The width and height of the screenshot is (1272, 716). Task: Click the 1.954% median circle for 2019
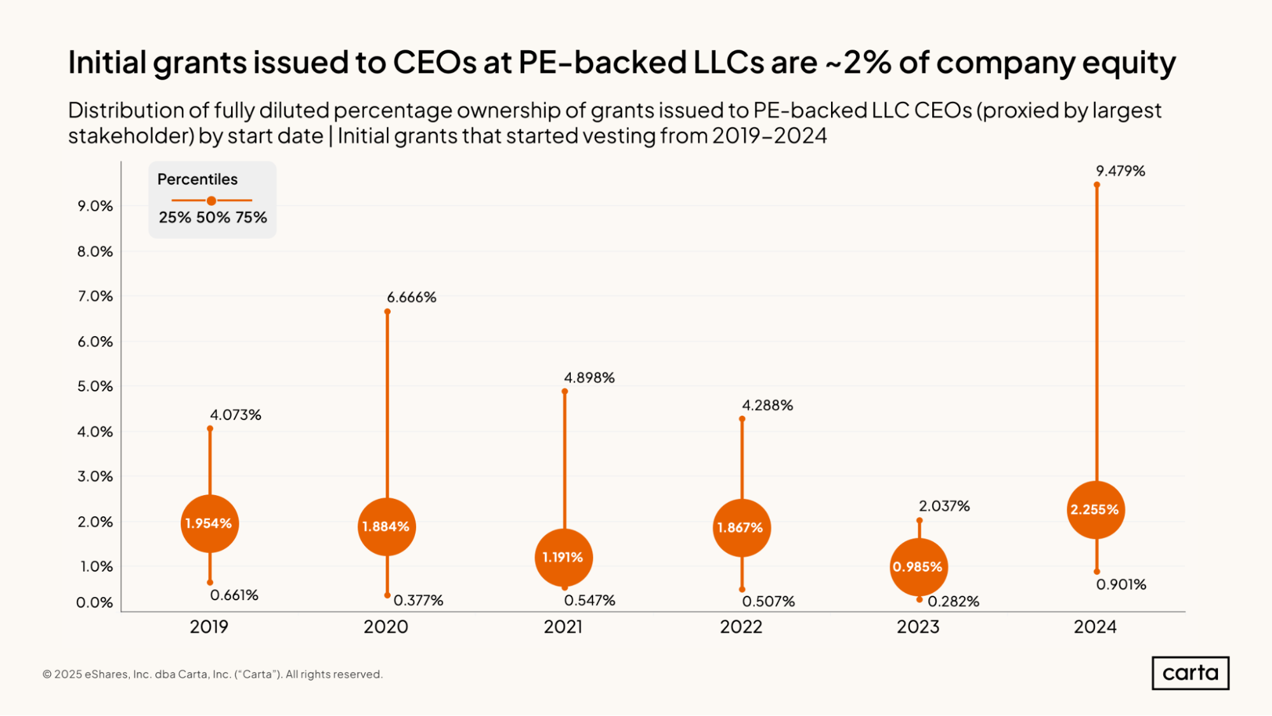click(x=209, y=524)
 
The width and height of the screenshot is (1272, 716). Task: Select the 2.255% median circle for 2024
click(x=1095, y=510)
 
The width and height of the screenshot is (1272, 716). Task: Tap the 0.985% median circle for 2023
click(x=918, y=566)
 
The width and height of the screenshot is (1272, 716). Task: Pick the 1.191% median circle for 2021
click(x=563, y=558)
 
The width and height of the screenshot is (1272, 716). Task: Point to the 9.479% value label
click(x=1120, y=171)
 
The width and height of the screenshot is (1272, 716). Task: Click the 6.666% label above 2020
click(x=412, y=297)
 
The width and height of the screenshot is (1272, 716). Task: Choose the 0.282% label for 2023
click(x=953, y=601)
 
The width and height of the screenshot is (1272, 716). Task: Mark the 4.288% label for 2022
click(x=767, y=405)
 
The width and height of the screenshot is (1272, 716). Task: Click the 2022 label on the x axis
click(x=741, y=627)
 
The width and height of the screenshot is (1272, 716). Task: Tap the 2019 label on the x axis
click(x=209, y=627)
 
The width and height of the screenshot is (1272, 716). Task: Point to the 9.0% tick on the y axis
click(x=95, y=206)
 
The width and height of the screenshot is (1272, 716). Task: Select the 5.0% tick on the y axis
click(x=95, y=386)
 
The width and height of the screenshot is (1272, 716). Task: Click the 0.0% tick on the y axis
click(x=95, y=603)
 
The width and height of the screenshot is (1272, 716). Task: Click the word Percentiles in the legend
click(x=197, y=179)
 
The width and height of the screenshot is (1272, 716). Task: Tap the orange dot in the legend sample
click(x=211, y=200)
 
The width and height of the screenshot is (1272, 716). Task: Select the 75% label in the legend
click(x=251, y=218)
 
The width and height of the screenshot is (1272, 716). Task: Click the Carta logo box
click(x=1190, y=673)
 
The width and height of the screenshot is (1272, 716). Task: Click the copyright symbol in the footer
click(x=47, y=675)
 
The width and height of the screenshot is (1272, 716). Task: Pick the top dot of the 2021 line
click(x=564, y=391)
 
